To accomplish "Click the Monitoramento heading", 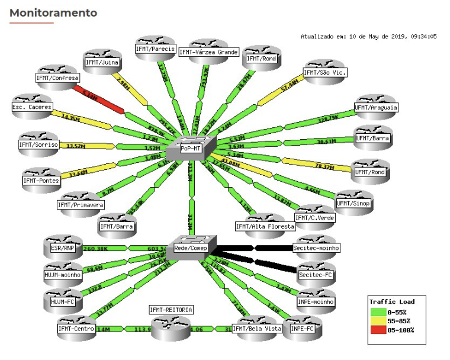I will pos(53,12).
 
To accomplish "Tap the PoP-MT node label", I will pos(191,149).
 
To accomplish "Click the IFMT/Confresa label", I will pos(57,78).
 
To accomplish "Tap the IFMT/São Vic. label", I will pos(324,73).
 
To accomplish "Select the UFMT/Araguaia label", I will pos(375,108).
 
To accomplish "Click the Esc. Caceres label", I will pos(32,107).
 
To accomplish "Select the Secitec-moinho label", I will pos(316,248).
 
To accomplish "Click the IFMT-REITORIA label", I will pos(171,310).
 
